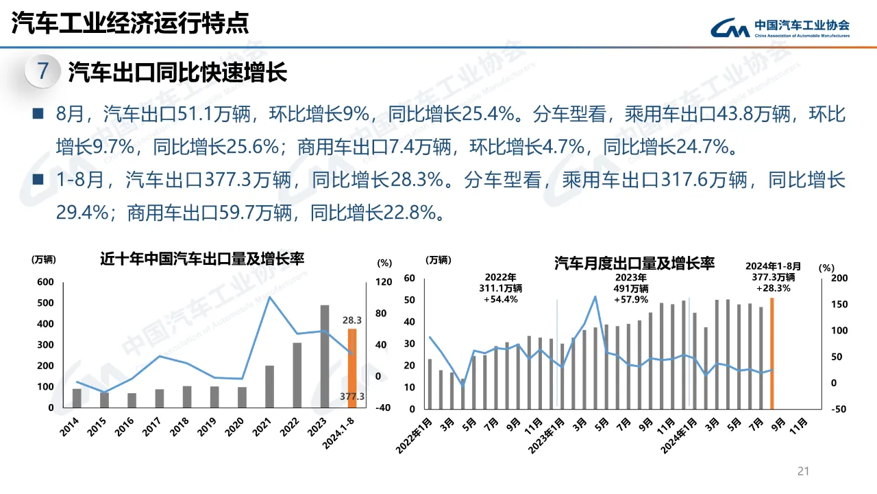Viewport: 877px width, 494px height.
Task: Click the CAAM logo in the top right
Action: click(x=780, y=27)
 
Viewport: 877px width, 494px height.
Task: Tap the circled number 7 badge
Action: click(x=42, y=71)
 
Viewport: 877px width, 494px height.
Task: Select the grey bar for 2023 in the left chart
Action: click(x=325, y=356)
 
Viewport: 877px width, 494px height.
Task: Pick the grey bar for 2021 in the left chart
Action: click(x=269, y=386)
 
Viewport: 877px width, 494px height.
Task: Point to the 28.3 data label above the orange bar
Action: click(x=352, y=320)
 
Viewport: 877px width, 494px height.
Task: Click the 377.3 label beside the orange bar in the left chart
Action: click(x=352, y=397)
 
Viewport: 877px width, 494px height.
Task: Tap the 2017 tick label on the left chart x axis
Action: click(x=151, y=427)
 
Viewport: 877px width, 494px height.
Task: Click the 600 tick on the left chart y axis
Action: click(x=45, y=282)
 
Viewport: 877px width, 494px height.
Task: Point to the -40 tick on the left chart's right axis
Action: click(x=383, y=408)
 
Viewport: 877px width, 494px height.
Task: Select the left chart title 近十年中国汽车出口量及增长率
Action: click(x=202, y=259)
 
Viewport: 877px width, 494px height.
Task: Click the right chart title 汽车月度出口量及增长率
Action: click(x=634, y=263)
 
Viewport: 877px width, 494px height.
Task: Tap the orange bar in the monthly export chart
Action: click(x=772, y=353)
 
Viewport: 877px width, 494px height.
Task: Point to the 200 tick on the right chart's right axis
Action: click(x=839, y=278)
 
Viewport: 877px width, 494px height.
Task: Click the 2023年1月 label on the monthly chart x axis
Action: click(x=546, y=435)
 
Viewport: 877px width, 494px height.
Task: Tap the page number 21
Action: click(x=803, y=471)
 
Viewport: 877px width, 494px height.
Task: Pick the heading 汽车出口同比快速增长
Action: click(x=177, y=72)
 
